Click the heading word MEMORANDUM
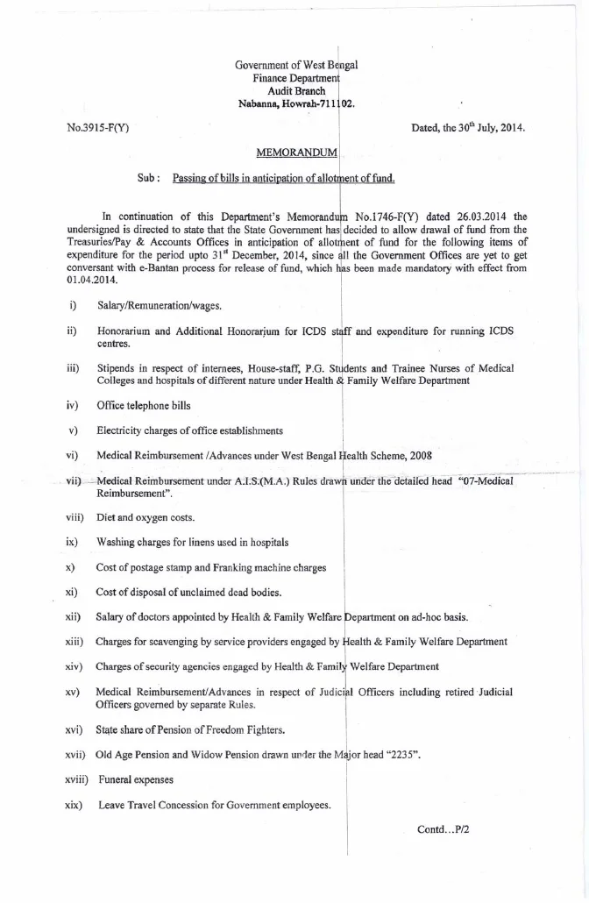[296, 153]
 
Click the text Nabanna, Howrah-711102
[296, 103]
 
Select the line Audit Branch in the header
[296, 91]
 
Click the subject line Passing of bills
[283, 178]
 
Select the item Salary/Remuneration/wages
[159, 305]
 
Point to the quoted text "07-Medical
[484, 480]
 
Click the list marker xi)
[73, 593]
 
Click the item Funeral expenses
[136, 779]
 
